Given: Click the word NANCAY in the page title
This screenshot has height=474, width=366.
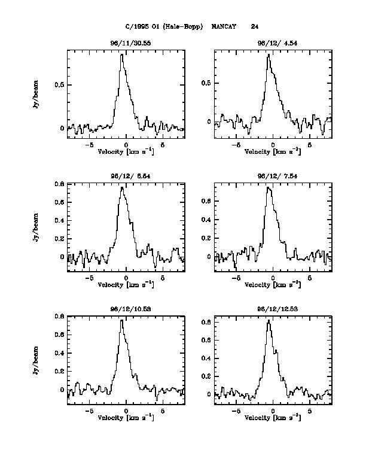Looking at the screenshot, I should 224,26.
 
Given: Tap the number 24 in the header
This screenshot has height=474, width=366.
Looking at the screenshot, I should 255,26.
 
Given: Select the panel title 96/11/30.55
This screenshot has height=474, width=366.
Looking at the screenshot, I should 126,43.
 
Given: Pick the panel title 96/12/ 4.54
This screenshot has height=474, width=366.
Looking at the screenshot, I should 273,43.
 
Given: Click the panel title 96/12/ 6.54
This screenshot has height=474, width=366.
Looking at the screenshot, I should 126,176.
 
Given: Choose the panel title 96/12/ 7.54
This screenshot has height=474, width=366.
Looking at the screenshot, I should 273,176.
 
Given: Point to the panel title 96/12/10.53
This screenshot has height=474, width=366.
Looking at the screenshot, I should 126,309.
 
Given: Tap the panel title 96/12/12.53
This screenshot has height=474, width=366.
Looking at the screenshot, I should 273,309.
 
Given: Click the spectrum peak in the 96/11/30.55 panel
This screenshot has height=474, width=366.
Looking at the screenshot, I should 121,54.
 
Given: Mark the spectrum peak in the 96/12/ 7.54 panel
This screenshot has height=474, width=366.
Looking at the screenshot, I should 268,187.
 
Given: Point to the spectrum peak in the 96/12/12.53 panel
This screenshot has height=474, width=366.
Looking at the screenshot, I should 269,320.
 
